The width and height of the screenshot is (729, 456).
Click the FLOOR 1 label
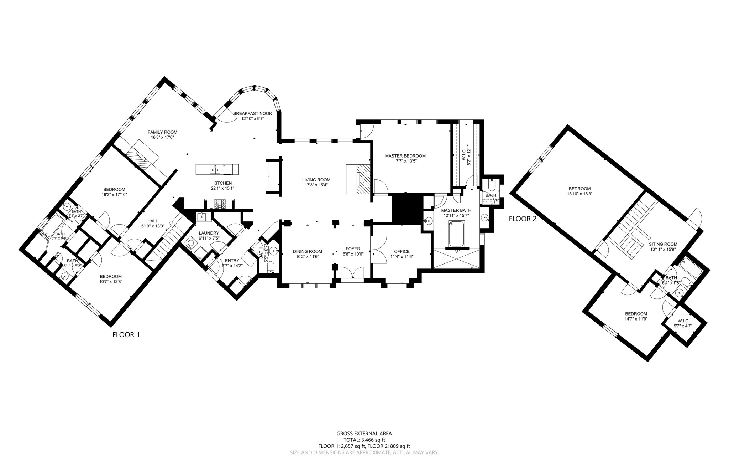pos(126,335)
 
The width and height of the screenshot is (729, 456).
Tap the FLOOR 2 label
pos(522,219)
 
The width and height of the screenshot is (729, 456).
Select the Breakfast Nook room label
pos(252,114)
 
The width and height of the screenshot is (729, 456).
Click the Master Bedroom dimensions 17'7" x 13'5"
pos(405,161)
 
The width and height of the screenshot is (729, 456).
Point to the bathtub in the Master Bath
pos(456,234)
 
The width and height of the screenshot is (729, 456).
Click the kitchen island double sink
pos(215,170)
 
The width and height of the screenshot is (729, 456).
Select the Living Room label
pos(316,180)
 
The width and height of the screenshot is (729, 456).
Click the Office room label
pos(402,251)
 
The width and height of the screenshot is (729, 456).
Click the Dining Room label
pos(308,251)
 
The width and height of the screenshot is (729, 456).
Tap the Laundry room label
pos(209,233)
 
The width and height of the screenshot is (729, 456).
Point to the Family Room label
pos(162,132)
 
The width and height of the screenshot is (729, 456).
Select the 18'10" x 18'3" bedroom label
pos(579,189)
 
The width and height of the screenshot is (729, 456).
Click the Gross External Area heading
pos(364,434)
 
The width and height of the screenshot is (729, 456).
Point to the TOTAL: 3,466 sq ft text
pos(364,440)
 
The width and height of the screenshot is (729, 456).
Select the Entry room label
pos(232,261)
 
